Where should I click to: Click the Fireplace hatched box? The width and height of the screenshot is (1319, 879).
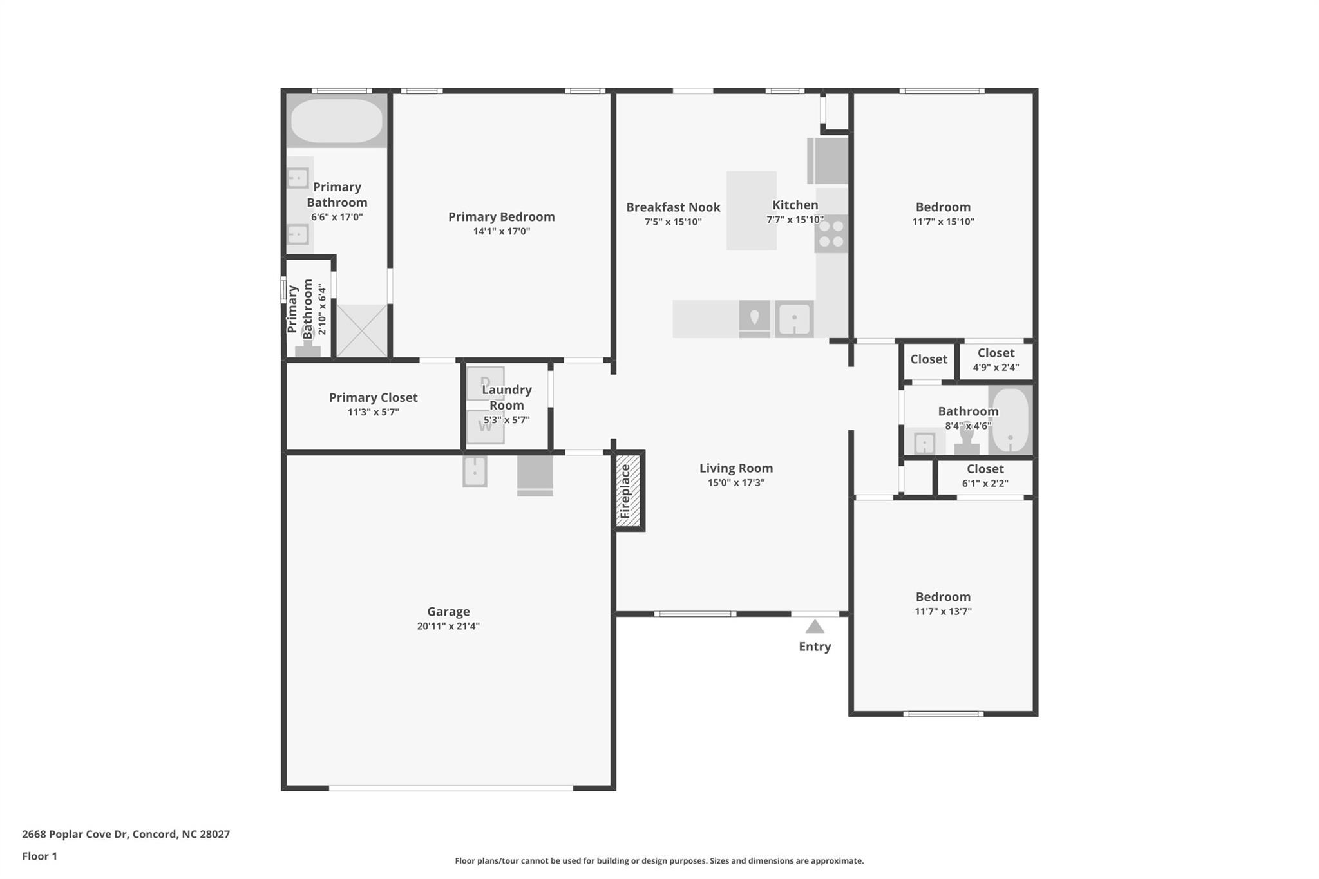628,491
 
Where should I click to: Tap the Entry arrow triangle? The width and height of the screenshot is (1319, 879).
815,627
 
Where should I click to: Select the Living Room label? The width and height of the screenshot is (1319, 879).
736,468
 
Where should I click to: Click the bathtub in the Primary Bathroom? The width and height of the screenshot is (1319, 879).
336,120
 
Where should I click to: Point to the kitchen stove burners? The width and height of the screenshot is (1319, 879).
831,234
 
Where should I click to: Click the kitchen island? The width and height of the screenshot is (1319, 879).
751,210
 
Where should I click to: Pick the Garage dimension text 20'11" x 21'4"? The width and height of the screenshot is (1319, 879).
448,626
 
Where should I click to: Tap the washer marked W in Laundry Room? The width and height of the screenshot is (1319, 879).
485,427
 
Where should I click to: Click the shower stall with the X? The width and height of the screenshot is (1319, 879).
362,331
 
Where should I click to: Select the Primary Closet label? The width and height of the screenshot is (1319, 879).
373,397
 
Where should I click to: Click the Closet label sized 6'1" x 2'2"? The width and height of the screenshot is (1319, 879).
985,469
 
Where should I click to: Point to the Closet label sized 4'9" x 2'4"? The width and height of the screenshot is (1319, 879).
996,353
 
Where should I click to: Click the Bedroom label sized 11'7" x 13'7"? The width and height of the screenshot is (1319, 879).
943,597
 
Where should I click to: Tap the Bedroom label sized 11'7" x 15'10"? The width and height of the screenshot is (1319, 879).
943,207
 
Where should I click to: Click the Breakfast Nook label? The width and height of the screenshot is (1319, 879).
673,207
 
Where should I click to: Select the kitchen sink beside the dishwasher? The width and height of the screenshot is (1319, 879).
794,318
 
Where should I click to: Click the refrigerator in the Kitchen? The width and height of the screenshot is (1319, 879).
828,160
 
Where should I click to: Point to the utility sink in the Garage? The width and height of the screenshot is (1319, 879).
475,471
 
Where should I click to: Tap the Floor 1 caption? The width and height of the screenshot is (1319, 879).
39,856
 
